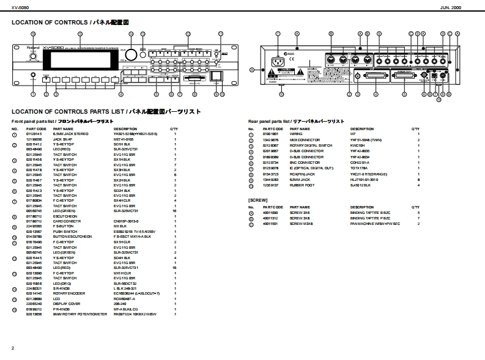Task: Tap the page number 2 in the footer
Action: [13, 348]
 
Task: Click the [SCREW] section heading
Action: [257, 200]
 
